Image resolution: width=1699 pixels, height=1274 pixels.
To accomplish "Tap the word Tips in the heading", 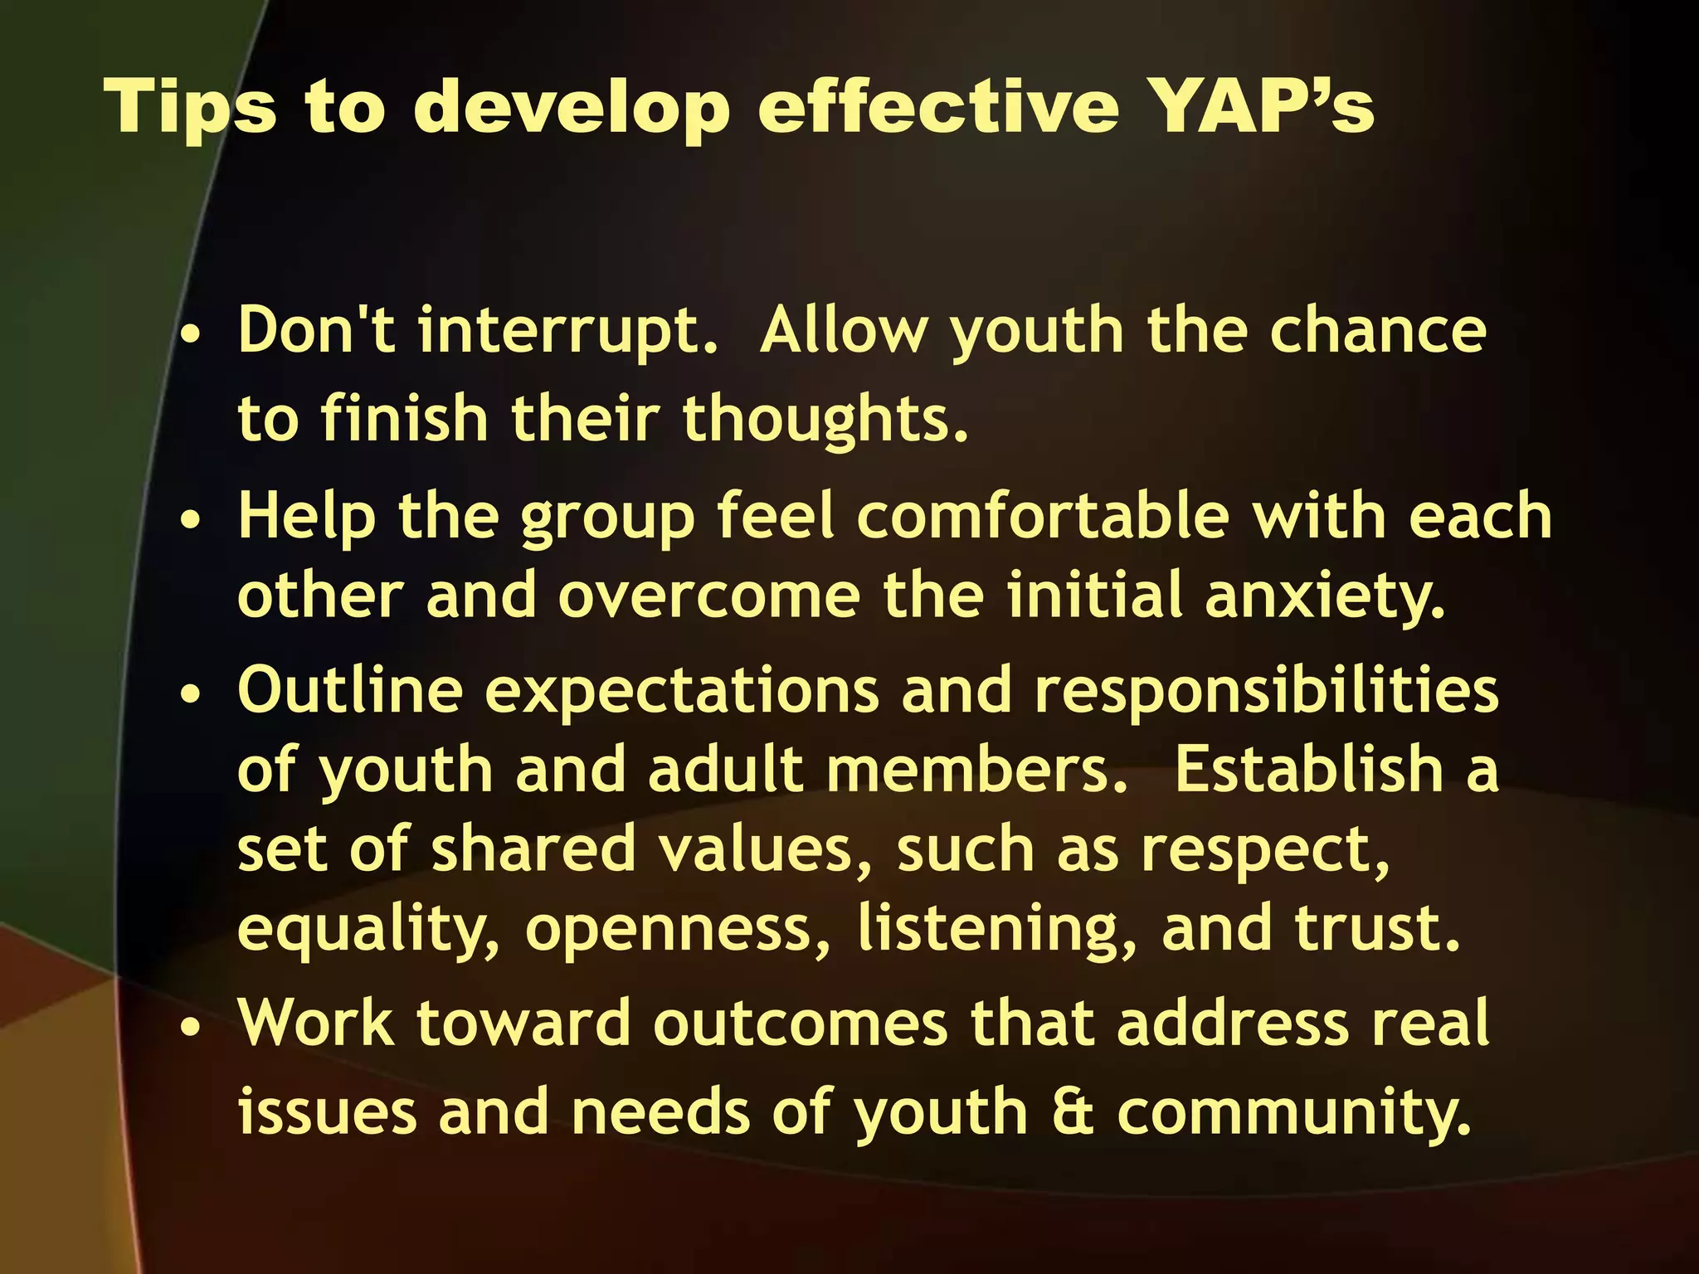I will click(x=191, y=108).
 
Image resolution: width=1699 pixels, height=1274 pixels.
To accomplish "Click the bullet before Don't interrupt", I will click(x=192, y=338).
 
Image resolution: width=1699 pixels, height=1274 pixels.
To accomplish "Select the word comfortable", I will click(x=1043, y=516).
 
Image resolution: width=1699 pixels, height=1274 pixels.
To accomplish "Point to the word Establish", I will click(x=1309, y=769).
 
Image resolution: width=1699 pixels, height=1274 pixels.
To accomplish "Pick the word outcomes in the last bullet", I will click(x=800, y=1024).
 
